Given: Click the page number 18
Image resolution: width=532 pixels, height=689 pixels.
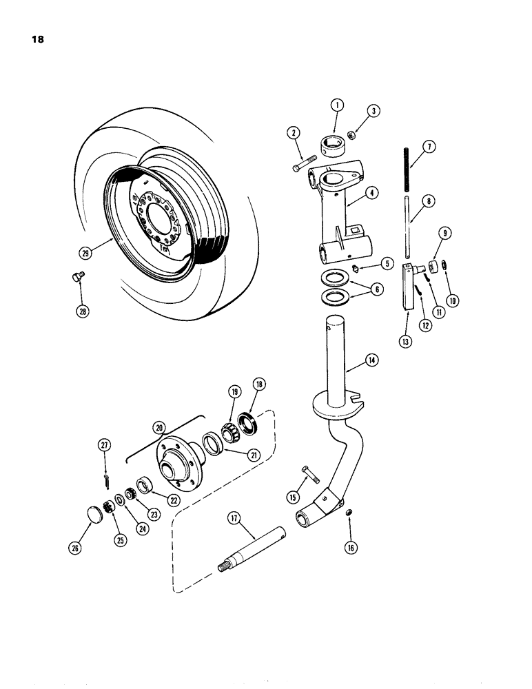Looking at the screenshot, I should point(37,39).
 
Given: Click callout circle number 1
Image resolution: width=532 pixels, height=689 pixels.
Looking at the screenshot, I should point(337,105).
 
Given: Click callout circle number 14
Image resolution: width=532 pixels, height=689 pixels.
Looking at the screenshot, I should point(371,360).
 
